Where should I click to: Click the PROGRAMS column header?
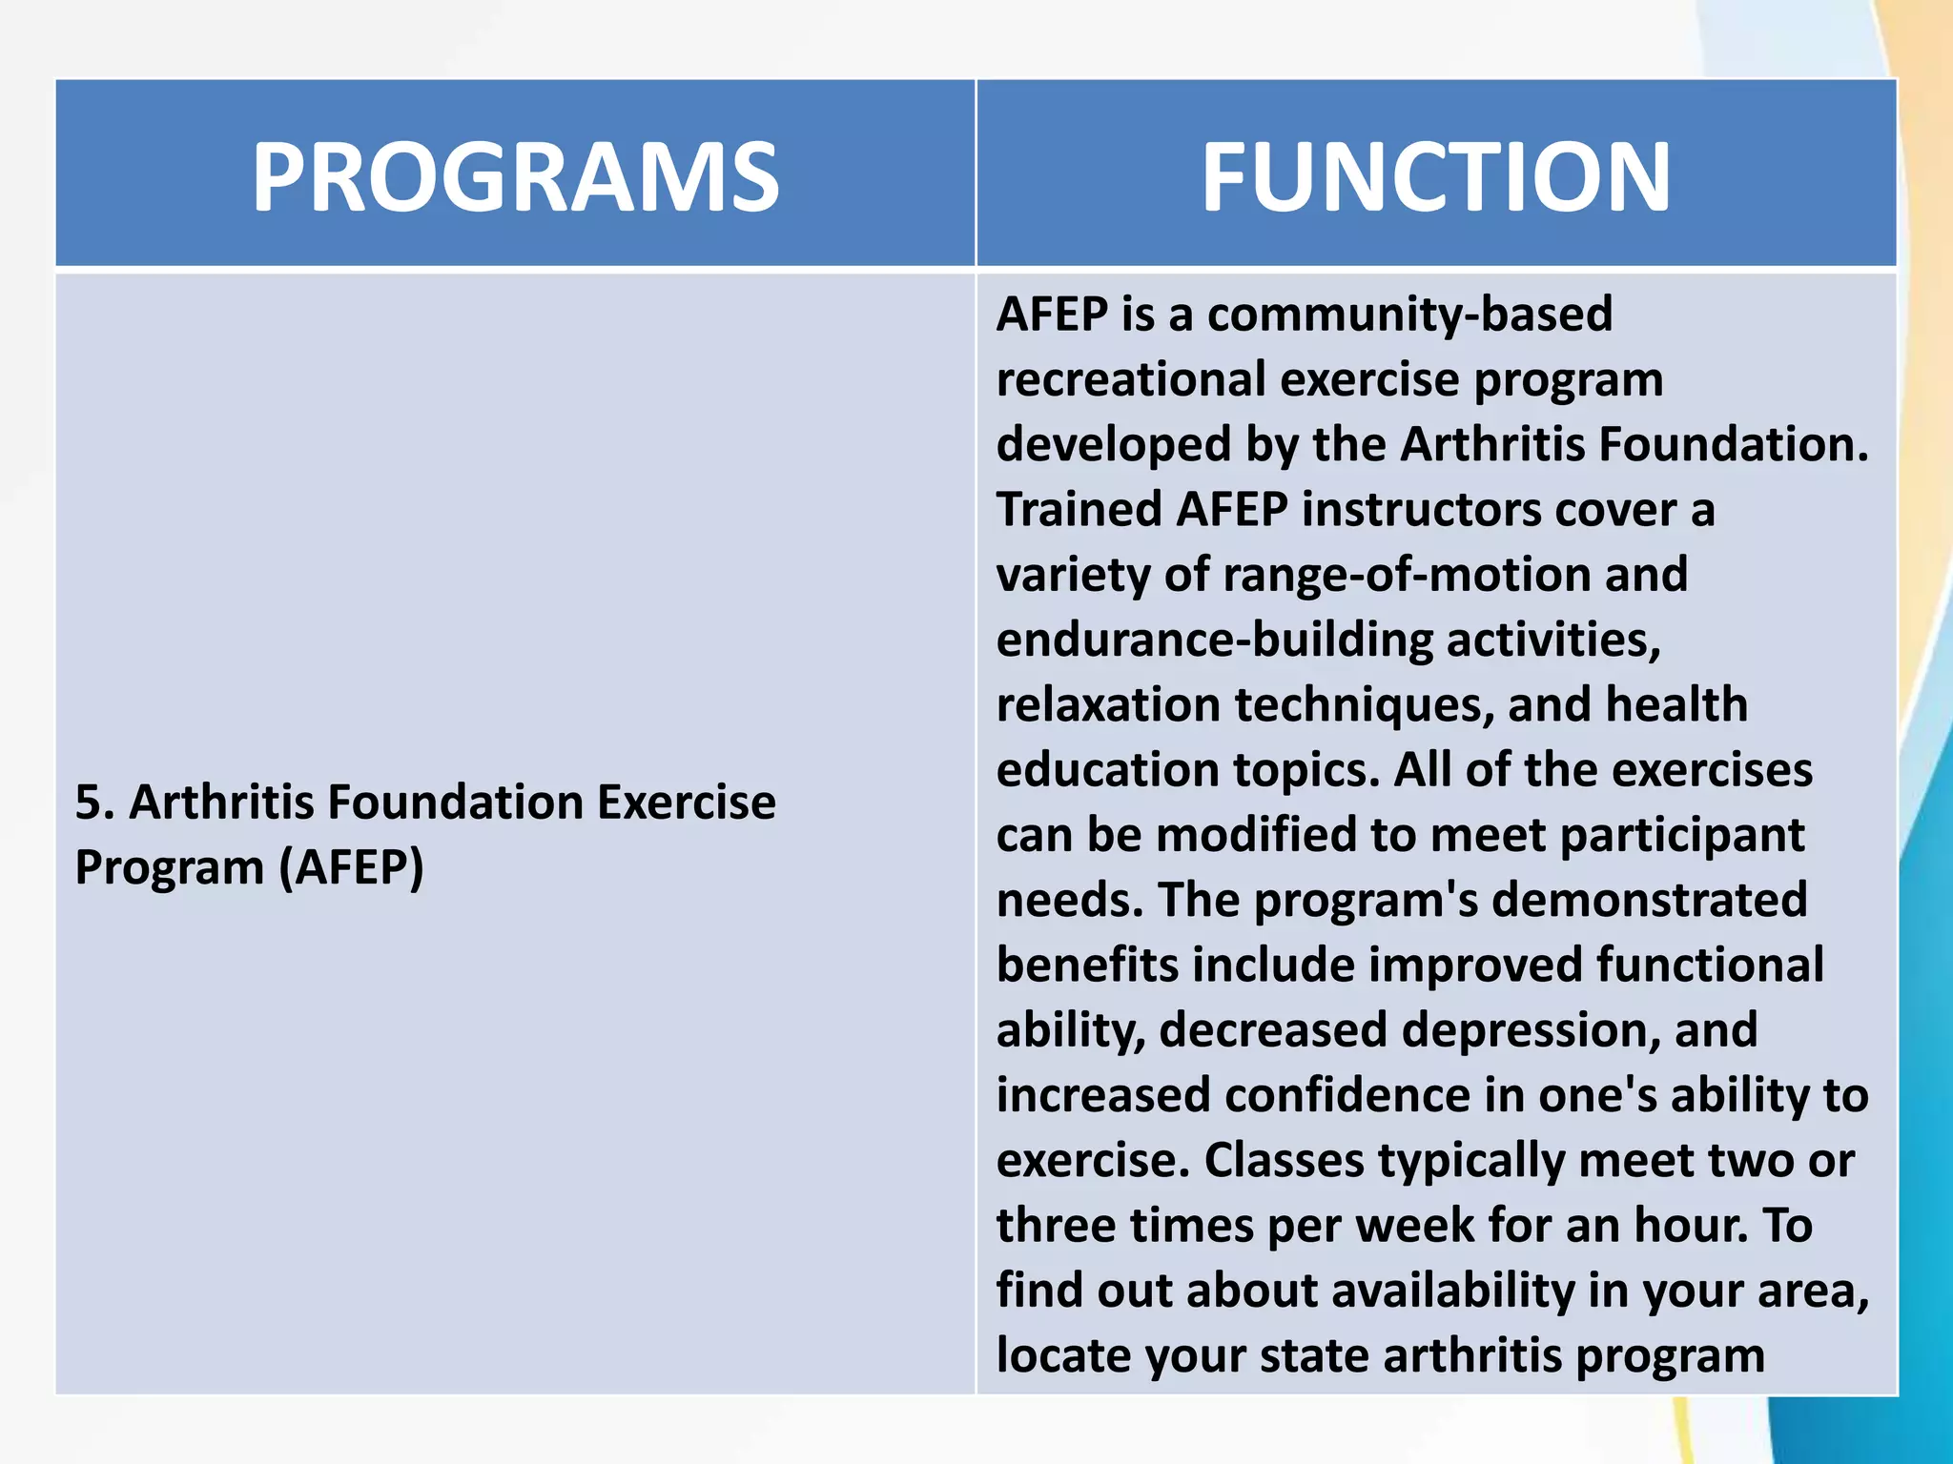515,177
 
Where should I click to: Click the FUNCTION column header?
1435,177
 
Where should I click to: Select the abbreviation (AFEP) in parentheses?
351,867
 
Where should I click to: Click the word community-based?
1409,315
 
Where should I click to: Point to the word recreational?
1131,379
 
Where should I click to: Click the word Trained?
1079,509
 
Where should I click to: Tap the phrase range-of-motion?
1407,575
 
